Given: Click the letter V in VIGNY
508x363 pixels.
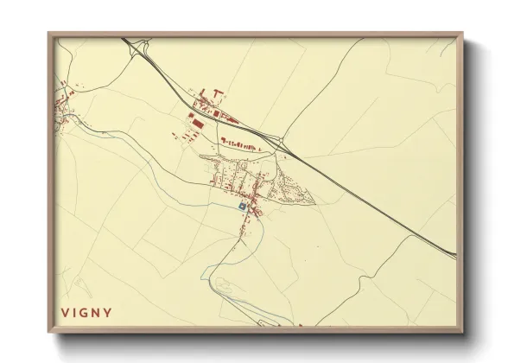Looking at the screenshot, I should pos(64,312).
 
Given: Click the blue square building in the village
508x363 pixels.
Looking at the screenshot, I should pos(242,207).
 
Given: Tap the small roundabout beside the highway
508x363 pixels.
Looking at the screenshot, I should pos(282,141).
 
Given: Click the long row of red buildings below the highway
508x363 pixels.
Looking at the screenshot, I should pos(241,144).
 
